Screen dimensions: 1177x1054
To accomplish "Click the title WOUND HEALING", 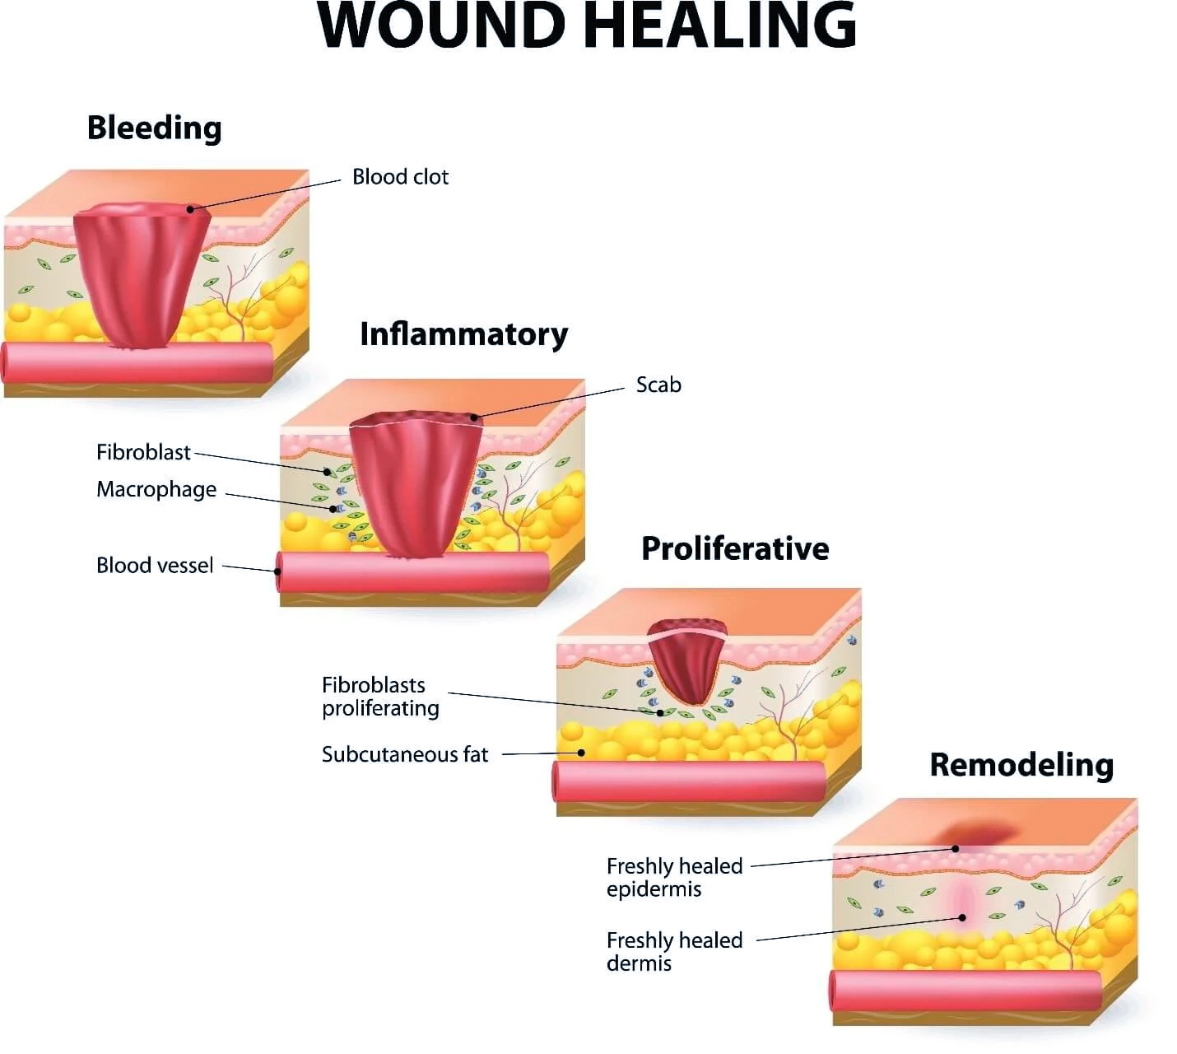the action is coord(587,26).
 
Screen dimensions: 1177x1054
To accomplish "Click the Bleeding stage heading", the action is coord(154,128).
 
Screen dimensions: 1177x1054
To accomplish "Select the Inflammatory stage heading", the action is coord(463,334).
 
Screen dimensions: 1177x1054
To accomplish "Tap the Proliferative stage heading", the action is coord(735,548).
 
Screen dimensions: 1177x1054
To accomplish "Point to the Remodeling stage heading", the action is coord(1021,764).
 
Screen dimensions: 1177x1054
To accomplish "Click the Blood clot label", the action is coord(400,177).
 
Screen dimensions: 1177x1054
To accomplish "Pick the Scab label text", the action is coord(658,385).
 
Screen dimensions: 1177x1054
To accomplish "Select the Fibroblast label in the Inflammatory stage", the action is coord(143,452).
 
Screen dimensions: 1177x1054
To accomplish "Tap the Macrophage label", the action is coord(156,489).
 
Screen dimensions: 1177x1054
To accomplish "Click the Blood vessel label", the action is coord(155,565).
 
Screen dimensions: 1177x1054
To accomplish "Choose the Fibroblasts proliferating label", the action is coord(380,697).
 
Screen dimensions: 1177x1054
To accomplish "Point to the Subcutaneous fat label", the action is coord(405,754).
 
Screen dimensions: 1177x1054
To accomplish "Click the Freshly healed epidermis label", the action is coord(674,877).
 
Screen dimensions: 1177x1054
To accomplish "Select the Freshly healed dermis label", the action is coord(674,952).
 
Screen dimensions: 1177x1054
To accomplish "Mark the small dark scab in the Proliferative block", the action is coord(687,661).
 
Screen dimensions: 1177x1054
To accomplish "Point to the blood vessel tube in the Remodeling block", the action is coord(965,991).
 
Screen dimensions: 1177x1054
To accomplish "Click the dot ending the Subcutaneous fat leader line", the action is coord(581,753).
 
